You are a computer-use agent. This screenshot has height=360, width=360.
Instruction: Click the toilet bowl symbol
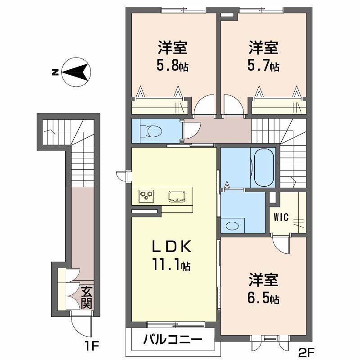[152, 131]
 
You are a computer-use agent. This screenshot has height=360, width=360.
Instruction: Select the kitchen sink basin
[177, 197]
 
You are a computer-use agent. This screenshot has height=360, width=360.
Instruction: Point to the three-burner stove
[147, 197]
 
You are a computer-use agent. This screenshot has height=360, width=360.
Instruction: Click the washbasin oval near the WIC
[232, 226]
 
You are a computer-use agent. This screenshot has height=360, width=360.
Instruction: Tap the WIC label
[281, 217]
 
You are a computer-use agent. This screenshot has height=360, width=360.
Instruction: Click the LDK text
[172, 247]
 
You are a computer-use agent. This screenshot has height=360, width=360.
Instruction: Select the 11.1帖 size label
[171, 265]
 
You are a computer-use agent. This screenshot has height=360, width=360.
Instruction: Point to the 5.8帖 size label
[172, 66]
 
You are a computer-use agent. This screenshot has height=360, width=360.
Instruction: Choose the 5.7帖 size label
[263, 66]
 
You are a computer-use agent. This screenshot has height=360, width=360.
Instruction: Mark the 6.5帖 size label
[263, 298]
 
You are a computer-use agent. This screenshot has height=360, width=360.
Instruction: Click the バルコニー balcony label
[173, 339]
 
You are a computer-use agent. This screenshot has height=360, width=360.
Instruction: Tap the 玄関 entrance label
[86, 297]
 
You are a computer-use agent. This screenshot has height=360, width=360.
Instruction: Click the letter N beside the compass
[54, 72]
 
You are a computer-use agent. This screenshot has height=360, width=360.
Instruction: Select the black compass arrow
[75, 72]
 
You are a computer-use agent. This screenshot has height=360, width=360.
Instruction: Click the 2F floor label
[306, 351]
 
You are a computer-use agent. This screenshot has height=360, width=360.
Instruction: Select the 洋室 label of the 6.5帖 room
[263, 279]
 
